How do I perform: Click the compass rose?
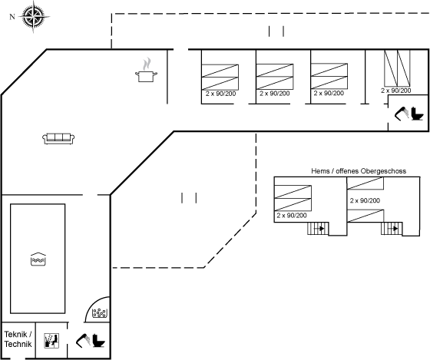click(x=34, y=17)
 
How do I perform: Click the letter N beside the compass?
click(x=12, y=17)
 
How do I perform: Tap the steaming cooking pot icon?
click(x=147, y=70)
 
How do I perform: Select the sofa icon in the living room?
click(x=58, y=138)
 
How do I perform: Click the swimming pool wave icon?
click(x=38, y=259)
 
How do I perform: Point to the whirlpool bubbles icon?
click(x=100, y=313)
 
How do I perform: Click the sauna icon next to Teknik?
click(x=51, y=341)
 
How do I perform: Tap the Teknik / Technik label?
click(x=18, y=339)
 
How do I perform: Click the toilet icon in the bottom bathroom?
click(x=98, y=341)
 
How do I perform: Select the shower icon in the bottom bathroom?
click(x=83, y=340)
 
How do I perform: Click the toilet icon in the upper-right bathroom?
click(x=417, y=114)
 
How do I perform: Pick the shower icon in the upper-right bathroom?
click(x=402, y=114)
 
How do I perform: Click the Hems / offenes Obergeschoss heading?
click(x=359, y=171)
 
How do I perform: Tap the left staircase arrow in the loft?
click(x=319, y=229)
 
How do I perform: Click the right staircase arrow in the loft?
click(x=393, y=229)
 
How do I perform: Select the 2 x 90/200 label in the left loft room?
click(x=292, y=216)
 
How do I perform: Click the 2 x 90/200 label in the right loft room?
click(x=365, y=200)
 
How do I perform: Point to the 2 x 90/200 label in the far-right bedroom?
click(x=395, y=91)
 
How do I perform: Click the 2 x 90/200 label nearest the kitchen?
click(x=221, y=94)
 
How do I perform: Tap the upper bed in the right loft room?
click(x=365, y=183)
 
